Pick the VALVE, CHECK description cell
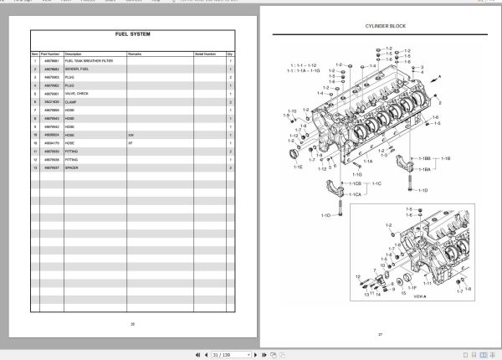click(x=76, y=94)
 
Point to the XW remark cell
click(x=131, y=134)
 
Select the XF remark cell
click(x=131, y=142)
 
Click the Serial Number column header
click(x=205, y=53)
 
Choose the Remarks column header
click(x=135, y=53)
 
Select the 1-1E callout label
click(x=298, y=167)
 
